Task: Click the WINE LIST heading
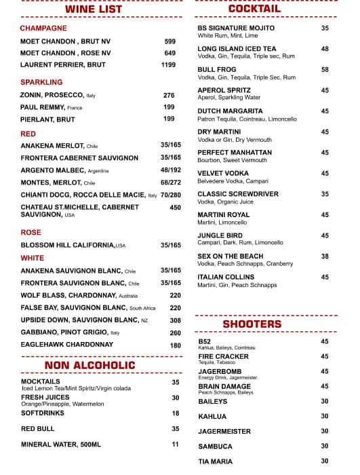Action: pyautogui.click(x=94, y=9)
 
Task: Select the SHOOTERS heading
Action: pyautogui.click(x=252, y=324)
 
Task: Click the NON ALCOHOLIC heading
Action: pyautogui.click(x=90, y=366)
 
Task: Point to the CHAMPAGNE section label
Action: pyautogui.click(x=43, y=28)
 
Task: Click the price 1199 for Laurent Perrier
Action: pyautogui.click(x=168, y=65)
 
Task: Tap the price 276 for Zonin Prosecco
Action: pyautogui.click(x=169, y=96)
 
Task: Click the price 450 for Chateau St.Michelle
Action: pyautogui.click(x=175, y=208)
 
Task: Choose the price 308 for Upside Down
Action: pyautogui.click(x=175, y=320)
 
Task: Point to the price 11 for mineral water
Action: pyautogui.click(x=175, y=444)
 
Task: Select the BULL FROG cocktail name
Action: pyautogui.click(x=217, y=70)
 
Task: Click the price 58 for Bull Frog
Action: pyautogui.click(x=325, y=70)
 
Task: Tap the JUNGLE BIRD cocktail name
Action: pyautogui.click(x=221, y=235)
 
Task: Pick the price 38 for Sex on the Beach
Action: pyautogui.click(x=325, y=256)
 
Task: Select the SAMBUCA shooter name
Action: pyautogui.click(x=215, y=446)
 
